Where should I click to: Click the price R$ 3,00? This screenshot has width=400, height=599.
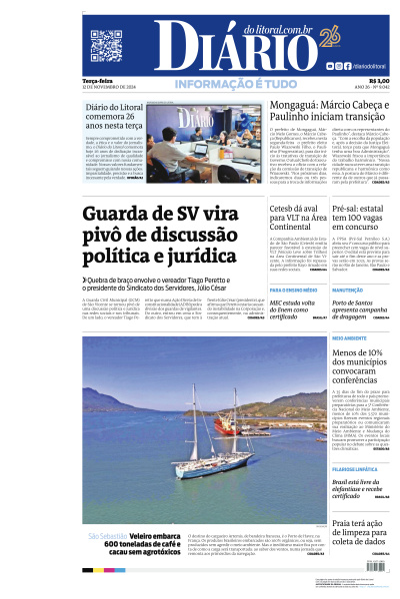[x=379, y=81]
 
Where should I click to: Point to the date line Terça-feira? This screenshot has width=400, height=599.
[x=97, y=81]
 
